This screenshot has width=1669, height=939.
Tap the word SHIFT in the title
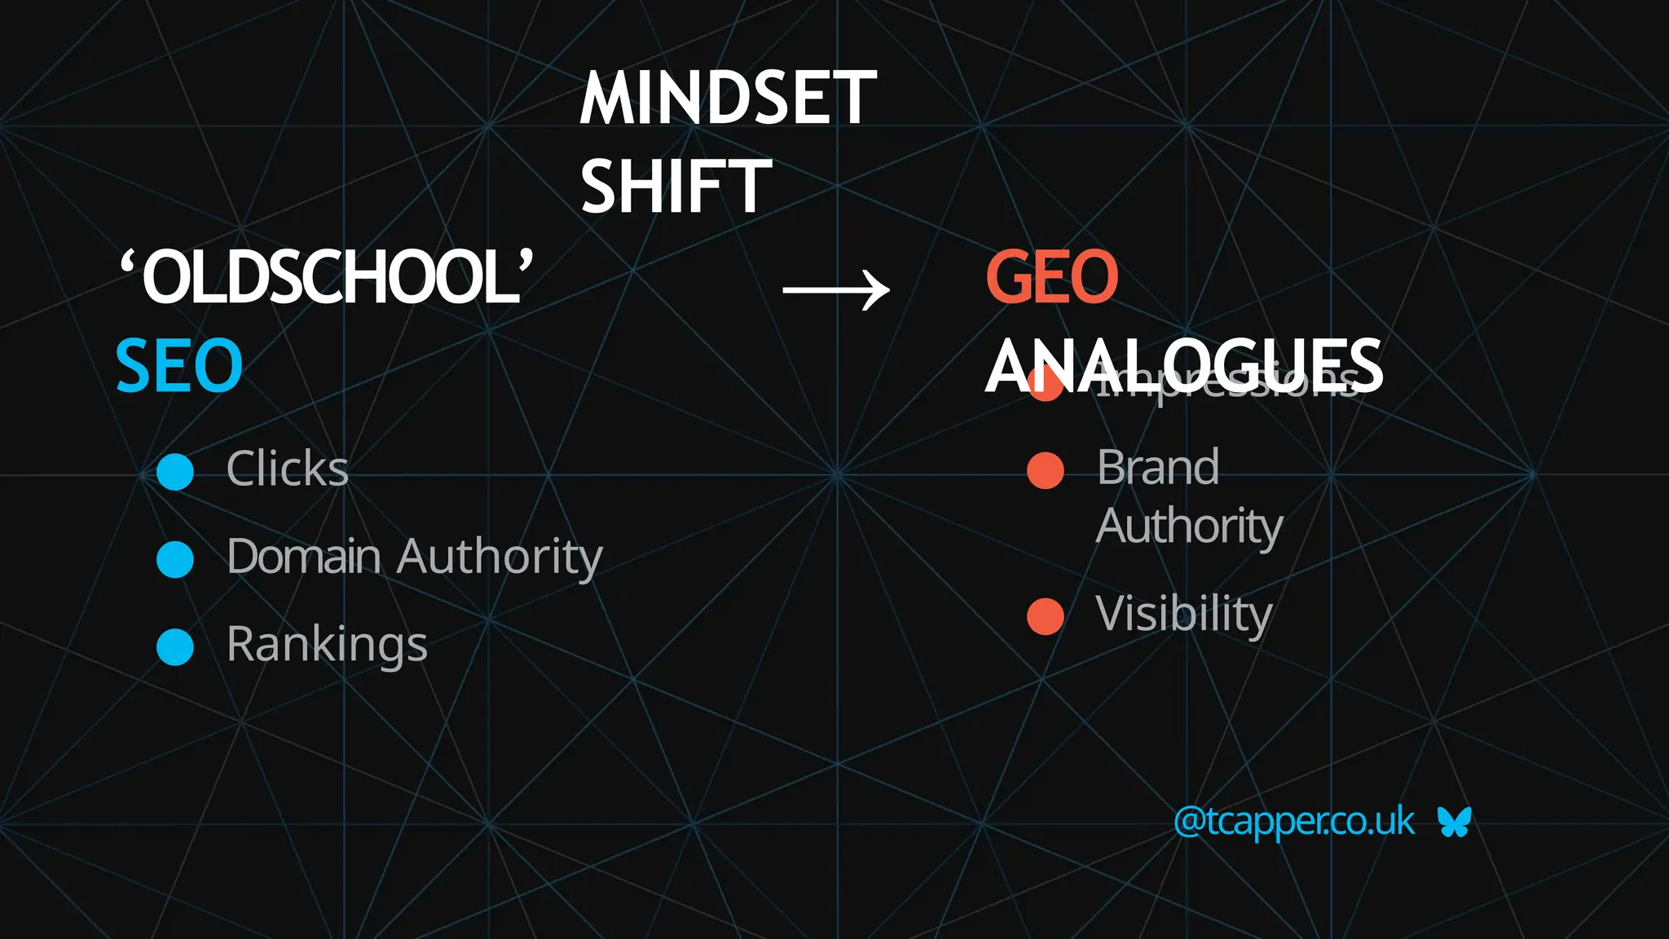675,187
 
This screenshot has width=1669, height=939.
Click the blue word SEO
179,366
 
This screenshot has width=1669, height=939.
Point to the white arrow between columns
835,290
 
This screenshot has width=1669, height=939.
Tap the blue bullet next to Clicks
174,471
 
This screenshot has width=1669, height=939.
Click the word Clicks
287,469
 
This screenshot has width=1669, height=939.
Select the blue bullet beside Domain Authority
174,559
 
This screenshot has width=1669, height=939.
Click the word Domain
303,557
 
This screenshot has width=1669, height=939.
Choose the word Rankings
327,645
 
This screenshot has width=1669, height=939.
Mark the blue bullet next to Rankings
174,647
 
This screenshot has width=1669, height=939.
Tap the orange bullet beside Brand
1046,470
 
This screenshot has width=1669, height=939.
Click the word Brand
1158,467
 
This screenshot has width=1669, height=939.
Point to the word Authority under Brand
1189,527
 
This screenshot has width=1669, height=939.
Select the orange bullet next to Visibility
1046,616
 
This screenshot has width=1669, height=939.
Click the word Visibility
1183,614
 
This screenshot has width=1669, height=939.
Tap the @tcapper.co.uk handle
1293,821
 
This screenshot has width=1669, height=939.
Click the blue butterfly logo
1454,822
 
